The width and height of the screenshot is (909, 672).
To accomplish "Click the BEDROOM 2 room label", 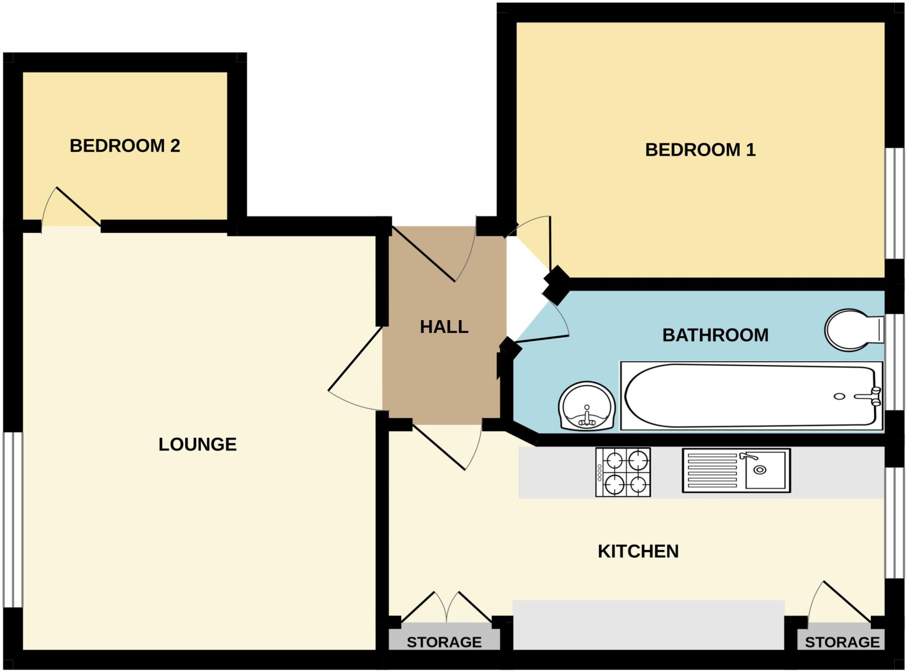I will click(x=125, y=146).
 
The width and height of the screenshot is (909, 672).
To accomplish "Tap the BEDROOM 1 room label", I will click(x=700, y=150).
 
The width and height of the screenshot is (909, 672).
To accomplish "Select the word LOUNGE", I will click(x=198, y=444).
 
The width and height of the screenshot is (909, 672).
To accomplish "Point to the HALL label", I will click(x=444, y=327).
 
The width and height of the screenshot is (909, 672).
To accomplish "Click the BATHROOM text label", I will click(x=715, y=335).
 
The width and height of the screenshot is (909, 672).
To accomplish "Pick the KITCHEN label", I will click(x=638, y=551).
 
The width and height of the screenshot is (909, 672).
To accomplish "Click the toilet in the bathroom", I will click(x=852, y=330).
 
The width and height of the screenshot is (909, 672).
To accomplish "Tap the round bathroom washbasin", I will click(x=587, y=407).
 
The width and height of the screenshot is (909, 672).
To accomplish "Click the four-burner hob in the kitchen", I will click(x=623, y=472).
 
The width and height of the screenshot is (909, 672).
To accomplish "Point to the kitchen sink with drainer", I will click(x=736, y=470).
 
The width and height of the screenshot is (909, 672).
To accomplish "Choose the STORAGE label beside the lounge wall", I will click(x=444, y=642).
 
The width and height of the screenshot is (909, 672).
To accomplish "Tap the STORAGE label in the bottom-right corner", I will click(x=842, y=642).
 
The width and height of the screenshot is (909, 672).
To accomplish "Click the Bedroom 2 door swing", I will click(x=71, y=209).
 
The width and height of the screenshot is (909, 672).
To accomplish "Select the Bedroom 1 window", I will click(x=894, y=203).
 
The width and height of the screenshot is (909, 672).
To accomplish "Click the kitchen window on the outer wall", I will click(x=894, y=522).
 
